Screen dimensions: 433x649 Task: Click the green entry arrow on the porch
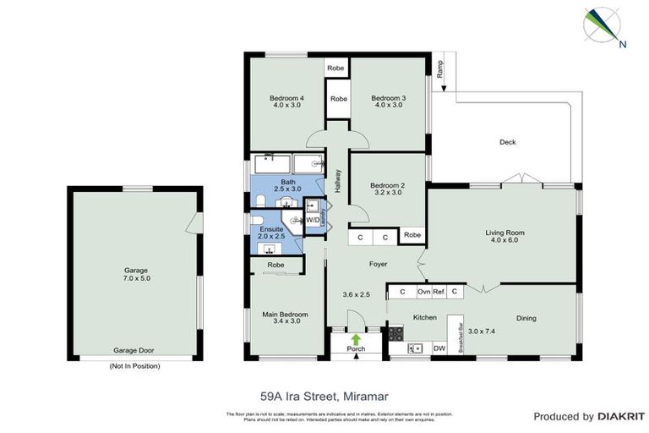click(x=356, y=339)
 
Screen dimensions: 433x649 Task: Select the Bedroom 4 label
click(x=286, y=98)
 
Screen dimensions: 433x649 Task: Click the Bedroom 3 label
click(x=389, y=98)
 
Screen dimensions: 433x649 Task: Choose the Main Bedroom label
click(x=286, y=315)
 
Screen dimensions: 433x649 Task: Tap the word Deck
click(x=507, y=142)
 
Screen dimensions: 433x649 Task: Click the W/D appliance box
click(x=313, y=220)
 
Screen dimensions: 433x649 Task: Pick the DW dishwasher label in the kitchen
click(x=439, y=348)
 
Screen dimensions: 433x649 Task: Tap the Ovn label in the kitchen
click(x=424, y=292)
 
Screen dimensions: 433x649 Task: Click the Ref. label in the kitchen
click(x=439, y=292)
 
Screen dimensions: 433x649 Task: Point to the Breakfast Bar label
click(x=461, y=337)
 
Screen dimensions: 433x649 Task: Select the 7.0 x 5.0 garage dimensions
click(x=135, y=278)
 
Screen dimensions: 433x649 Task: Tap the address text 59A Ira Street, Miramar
click(x=324, y=394)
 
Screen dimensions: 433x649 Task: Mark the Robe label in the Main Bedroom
click(x=275, y=265)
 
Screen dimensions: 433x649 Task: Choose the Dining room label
click(x=526, y=318)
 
